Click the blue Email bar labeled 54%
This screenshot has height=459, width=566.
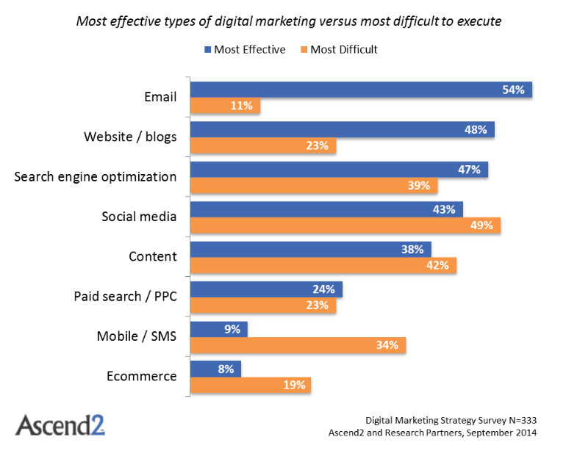tap(362, 90)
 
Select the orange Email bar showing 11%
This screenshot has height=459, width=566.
tap(225, 106)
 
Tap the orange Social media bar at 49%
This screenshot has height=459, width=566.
tap(345, 225)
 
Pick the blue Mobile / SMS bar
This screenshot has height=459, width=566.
tap(219, 329)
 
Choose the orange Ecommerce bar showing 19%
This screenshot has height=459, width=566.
tap(251, 385)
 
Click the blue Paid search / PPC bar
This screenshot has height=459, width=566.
tap(266, 289)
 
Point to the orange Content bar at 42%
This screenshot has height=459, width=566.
tap(323, 265)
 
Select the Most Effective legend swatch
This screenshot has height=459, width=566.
tap(207, 50)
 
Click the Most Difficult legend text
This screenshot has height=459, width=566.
tap(344, 49)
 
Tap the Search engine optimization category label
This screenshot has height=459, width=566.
tap(96, 177)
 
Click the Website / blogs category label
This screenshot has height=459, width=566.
tap(130, 137)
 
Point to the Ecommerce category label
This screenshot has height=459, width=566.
tap(141, 376)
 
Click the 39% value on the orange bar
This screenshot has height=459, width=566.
tap(419, 185)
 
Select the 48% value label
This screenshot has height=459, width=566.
tap(476, 129)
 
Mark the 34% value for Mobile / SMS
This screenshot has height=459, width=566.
tap(387, 345)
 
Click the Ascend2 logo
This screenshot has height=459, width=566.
tap(60, 424)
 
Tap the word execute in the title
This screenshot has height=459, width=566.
tap(479, 21)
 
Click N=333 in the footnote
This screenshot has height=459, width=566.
tap(523, 420)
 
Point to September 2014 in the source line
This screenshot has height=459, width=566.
tap(502, 433)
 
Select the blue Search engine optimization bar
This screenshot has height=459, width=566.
tap(340, 170)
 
